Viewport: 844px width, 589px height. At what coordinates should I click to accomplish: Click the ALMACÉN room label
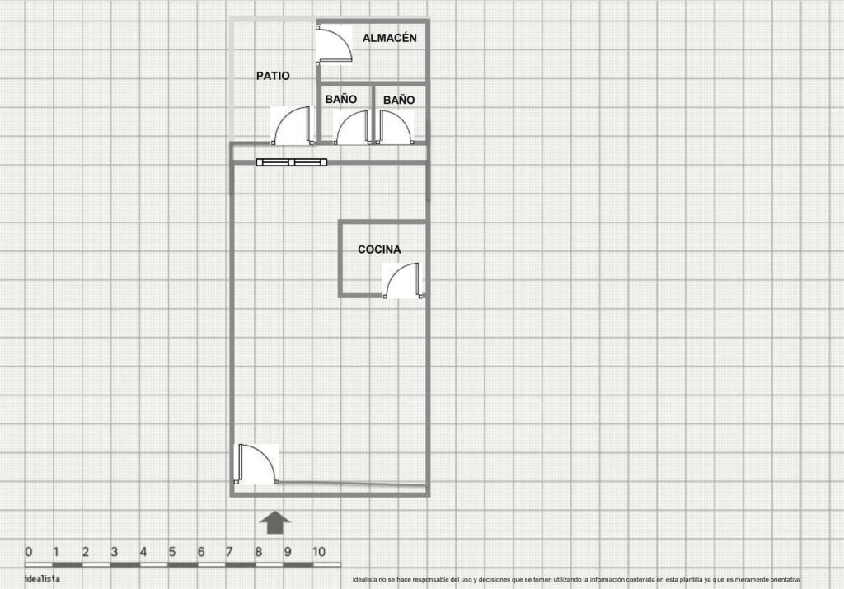pos(389,38)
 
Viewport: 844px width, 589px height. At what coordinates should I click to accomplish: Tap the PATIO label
pos(273,76)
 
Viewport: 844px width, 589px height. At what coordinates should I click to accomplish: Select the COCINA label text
pos(379,250)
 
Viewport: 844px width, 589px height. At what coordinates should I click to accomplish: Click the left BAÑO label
pos(340,99)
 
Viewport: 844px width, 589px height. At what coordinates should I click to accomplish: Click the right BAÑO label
pos(399,100)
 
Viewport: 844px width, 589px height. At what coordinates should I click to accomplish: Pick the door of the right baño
pos(395,128)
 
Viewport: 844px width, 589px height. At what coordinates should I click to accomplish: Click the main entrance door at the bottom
pos(257,465)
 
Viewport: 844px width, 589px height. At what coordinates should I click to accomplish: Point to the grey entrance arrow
pos(275,522)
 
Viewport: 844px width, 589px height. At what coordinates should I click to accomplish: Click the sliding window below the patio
pos(292,162)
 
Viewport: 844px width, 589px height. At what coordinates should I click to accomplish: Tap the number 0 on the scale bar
pos(29,552)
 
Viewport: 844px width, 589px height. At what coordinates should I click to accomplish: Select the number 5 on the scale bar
pos(171,552)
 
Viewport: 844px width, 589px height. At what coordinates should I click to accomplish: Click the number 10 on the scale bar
pos(319,552)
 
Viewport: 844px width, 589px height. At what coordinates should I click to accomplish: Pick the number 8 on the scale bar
pos(258,552)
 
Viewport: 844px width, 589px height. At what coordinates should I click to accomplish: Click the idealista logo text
pos(42,579)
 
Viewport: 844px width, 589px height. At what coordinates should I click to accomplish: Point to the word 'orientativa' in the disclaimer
pos(785,579)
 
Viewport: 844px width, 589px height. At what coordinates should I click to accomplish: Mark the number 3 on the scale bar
pos(114,552)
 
